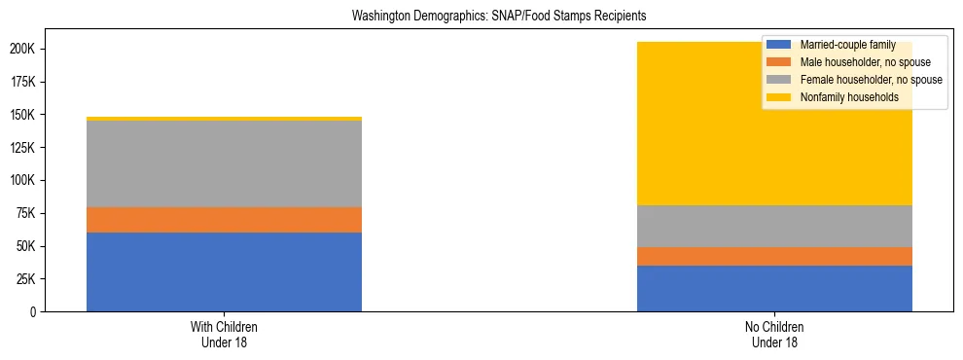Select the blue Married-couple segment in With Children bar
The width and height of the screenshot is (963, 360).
[224, 271]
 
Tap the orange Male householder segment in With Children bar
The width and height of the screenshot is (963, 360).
[224, 220]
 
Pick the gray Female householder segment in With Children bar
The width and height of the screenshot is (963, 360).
[224, 164]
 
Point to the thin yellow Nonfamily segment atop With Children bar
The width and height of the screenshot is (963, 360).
[224, 119]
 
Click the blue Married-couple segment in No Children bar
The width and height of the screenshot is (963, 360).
[774, 288]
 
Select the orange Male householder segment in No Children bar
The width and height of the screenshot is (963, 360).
[774, 256]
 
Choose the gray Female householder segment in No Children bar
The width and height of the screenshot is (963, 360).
[774, 226]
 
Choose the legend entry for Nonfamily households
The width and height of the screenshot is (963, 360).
[842, 97]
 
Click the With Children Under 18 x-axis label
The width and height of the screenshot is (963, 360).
[224, 334]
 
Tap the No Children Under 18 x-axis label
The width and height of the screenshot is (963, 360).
[774, 334]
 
